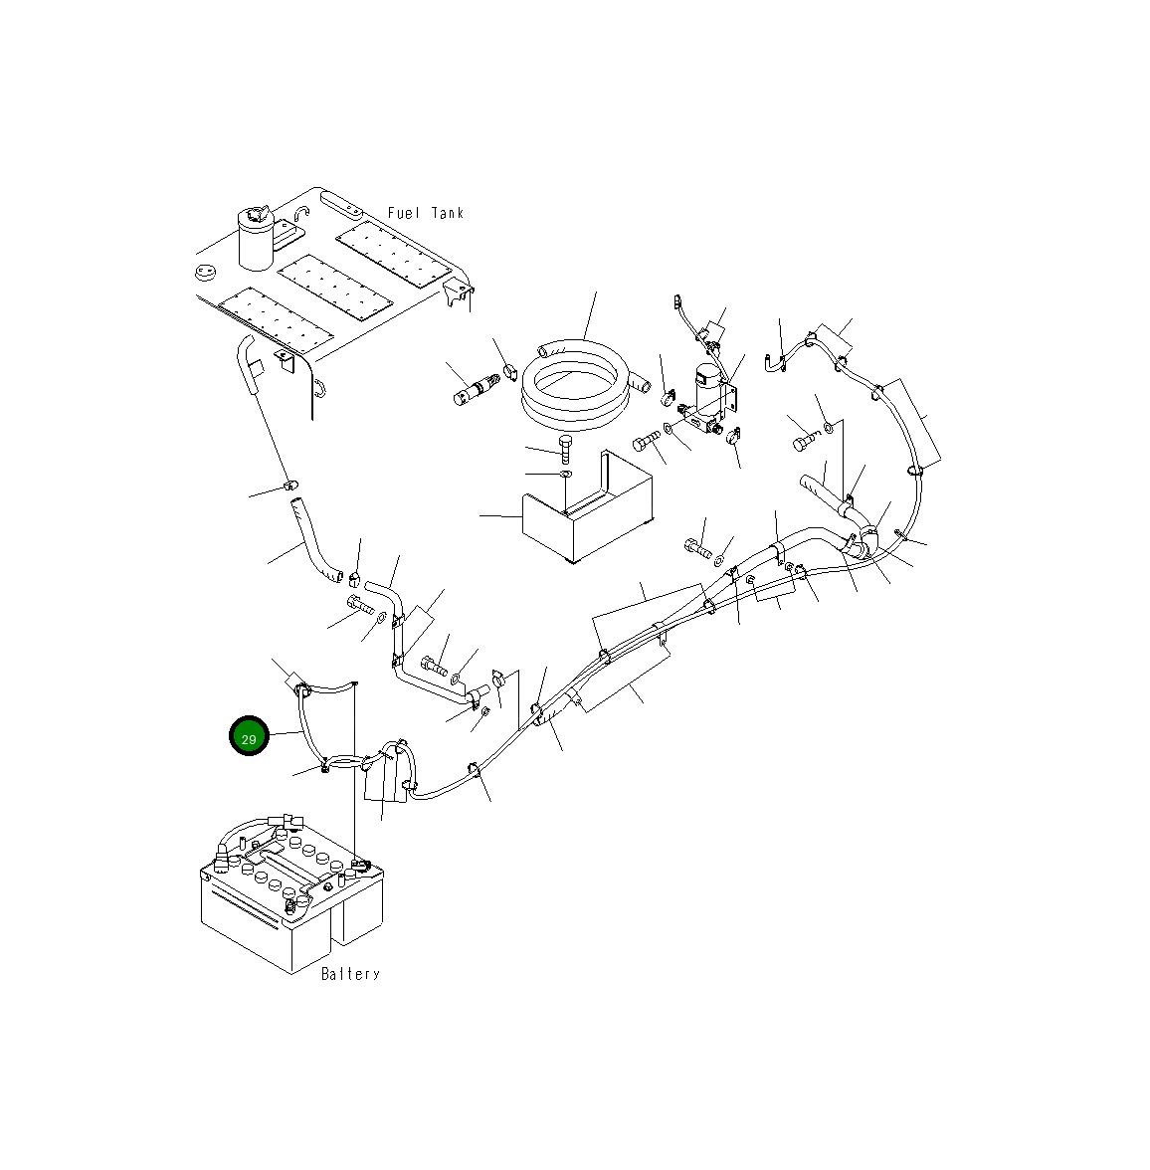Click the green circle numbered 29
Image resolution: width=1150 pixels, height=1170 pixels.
tap(249, 736)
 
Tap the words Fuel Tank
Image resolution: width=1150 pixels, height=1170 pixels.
tap(425, 213)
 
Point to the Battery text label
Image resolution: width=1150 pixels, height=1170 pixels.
tap(350, 974)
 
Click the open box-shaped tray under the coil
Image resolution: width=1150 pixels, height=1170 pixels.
tap(587, 510)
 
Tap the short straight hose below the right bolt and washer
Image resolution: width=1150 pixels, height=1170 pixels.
tap(821, 489)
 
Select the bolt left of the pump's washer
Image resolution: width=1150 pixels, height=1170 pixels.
tap(647, 440)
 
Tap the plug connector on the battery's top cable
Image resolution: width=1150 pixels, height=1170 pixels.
tap(291, 822)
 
